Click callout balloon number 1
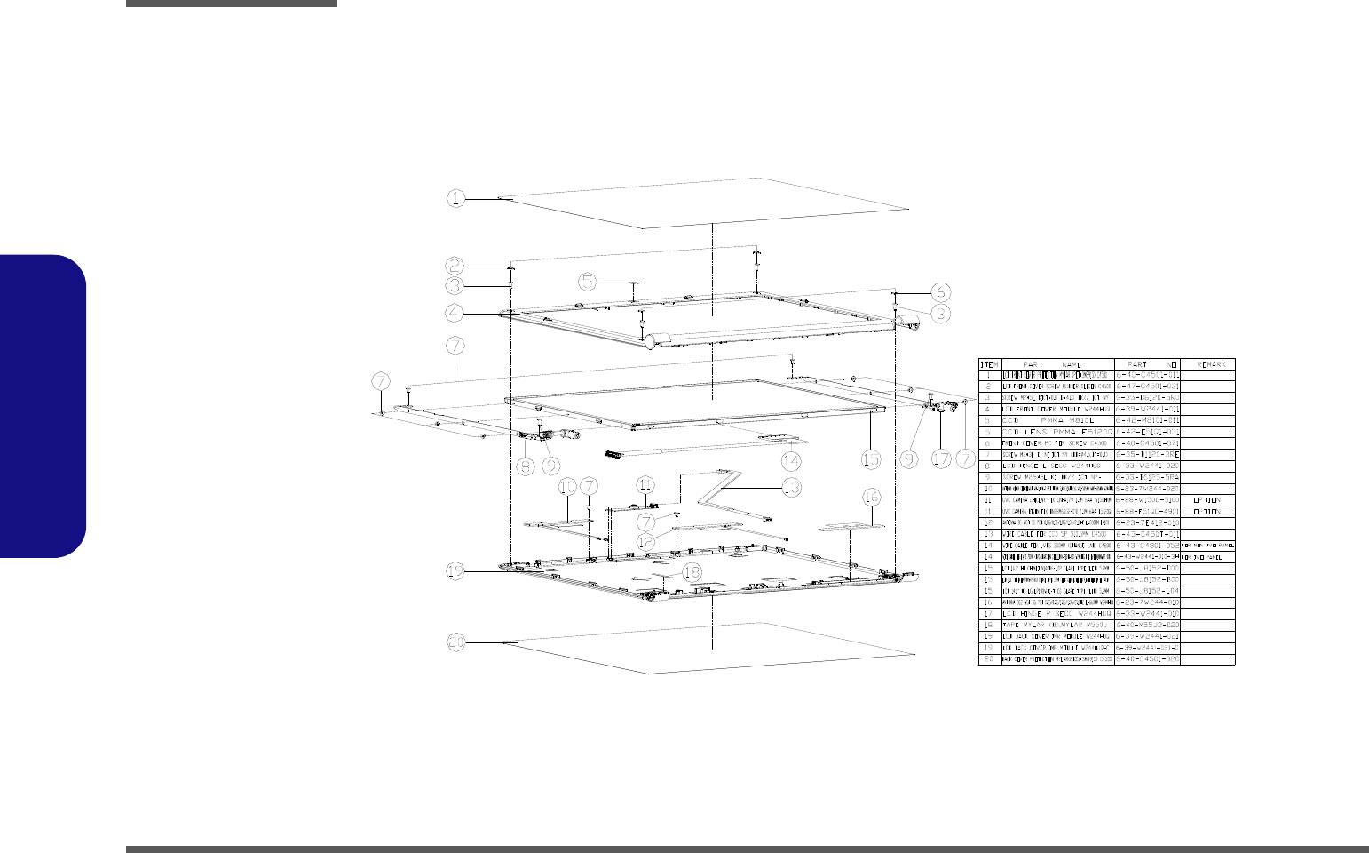click(455, 198)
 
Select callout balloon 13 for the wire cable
click(790, 487)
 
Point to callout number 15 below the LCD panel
click(871, 459)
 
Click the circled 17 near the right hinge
click(941, 459)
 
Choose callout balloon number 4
click(455, 313)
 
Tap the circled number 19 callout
click(455, 573)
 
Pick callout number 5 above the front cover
click(588, 282)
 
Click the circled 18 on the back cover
click(691, 598)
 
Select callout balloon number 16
click(871, 495)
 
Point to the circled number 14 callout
click(790, 460)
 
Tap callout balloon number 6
click(941, 291)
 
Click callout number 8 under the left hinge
click(525, 465)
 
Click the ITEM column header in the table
click(989, 364)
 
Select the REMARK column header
click(1210, 364)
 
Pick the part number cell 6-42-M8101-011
click(1148, 419)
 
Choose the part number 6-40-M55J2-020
click(1148, 626)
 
